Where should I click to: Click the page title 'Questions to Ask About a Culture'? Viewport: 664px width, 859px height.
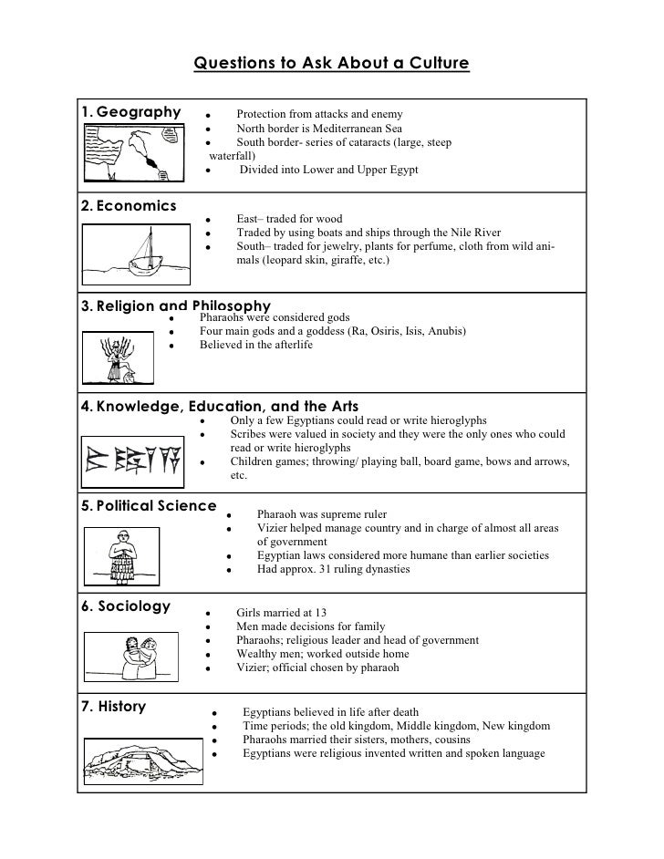point(332,64)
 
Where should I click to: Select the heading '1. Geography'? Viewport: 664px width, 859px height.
point(131,112)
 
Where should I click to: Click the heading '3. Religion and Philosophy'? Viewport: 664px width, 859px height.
point(176,305)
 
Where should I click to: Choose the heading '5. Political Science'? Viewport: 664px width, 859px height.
point(149,505)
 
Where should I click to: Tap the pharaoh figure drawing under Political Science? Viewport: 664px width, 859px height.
point(119,557)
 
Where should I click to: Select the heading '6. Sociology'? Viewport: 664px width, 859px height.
point(126,606)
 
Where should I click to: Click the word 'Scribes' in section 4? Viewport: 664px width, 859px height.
point(249,435)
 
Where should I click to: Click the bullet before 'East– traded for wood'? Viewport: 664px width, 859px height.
point(209,220)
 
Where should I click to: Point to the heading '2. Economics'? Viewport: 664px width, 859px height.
point(129,205)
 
